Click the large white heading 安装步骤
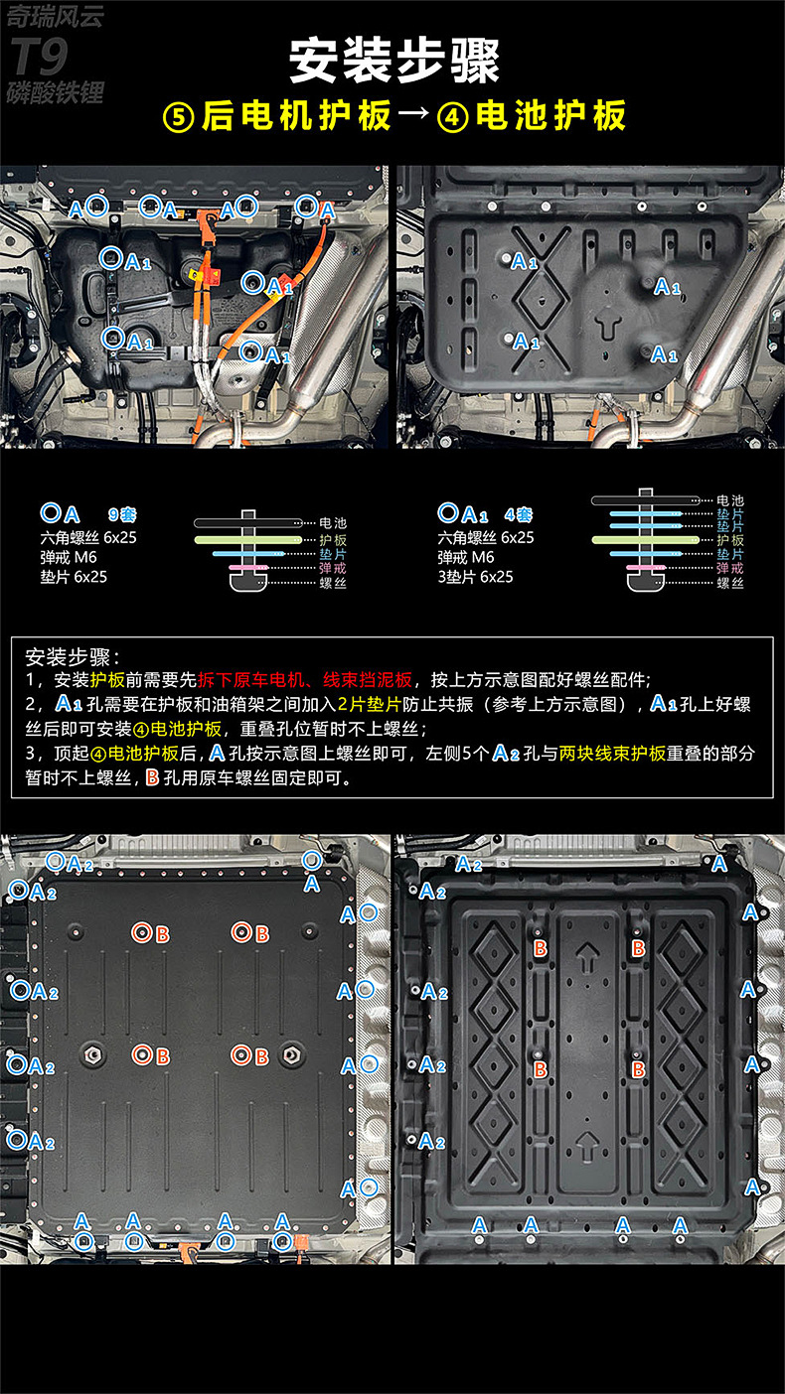point(393,61)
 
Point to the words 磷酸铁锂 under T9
point(55,94)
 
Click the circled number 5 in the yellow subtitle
point(178,116)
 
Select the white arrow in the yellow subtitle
point(412,116)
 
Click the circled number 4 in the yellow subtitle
point(453,116)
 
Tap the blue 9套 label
point(122,514)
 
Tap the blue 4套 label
point(518,514)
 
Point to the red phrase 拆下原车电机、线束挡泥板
point(304,680)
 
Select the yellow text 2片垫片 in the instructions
point(369,704)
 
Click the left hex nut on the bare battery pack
point(90,1055)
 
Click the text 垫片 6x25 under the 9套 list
point(74,576)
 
